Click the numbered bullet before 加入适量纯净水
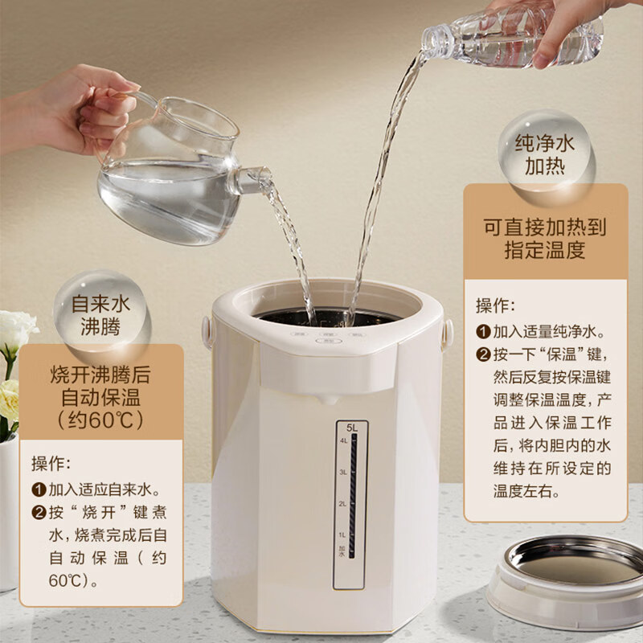tap(483, 331)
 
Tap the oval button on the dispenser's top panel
tap(326, 341)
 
